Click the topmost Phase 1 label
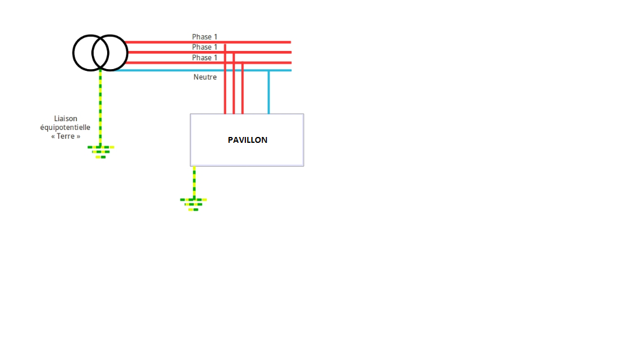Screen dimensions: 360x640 click(x=204, y=37)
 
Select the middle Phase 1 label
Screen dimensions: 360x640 click(x=204, y=47)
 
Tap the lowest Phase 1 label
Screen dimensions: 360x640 click(x=204, y=58)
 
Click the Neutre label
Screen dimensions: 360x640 click(x=205, y=77)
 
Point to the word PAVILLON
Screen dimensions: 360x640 click(x=247, y=140)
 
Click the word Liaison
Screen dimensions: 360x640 click(x=65, y=119)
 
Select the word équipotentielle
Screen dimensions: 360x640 click(x=65, y=128)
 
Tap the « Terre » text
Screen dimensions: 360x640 click(x=65, y=136)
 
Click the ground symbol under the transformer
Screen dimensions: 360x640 click(x=101, y=152)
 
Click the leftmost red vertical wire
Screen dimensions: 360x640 click(x=225, y=82)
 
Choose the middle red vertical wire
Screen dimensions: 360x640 click(x=234, y=85)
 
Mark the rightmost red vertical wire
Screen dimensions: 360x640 click(x=242, y=88)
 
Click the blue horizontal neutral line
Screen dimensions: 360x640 click(x=176, y=70)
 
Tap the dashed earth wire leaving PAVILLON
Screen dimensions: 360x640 click(x=194, y=181)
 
